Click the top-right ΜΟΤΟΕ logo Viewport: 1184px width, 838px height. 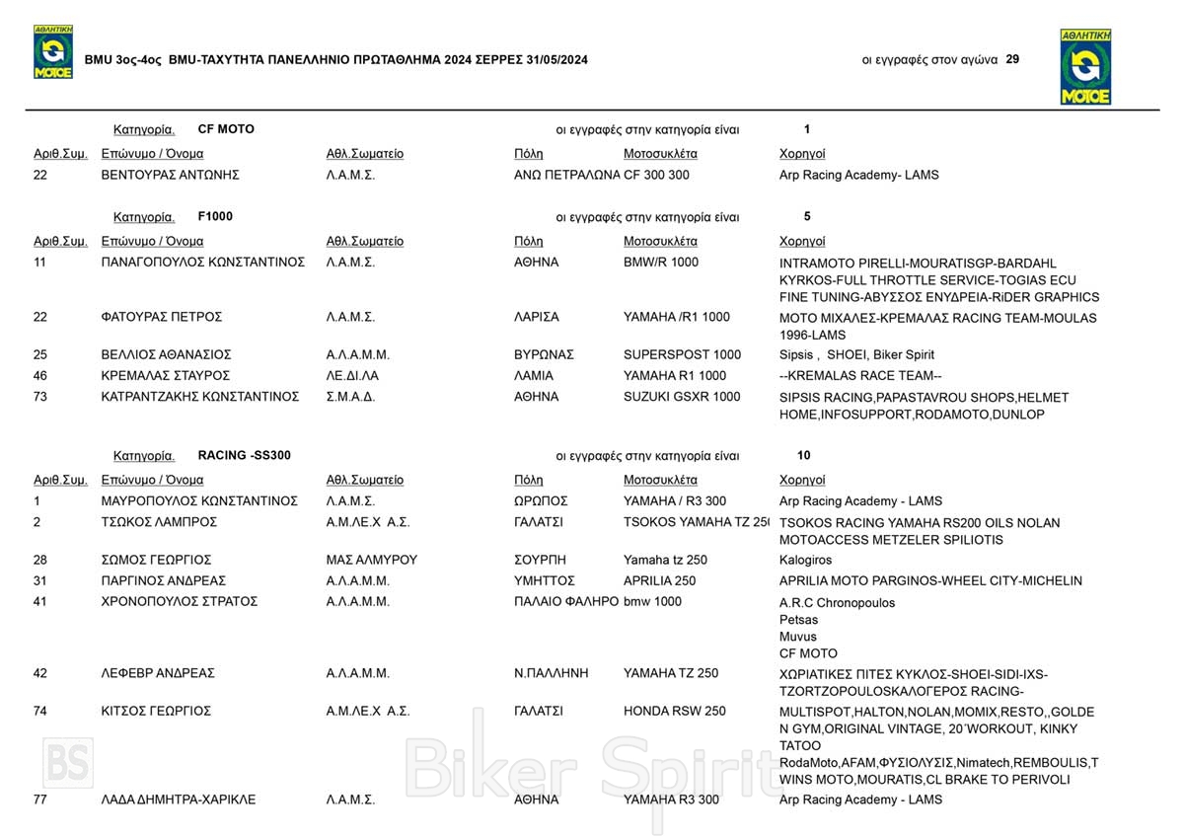(1085, 66)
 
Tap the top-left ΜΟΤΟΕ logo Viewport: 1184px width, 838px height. (53, 52)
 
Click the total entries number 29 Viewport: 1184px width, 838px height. (1012, 59)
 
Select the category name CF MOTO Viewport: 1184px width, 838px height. (226, 129)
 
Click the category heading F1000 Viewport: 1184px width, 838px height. (215, 216)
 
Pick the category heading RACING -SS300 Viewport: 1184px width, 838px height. (244, 455)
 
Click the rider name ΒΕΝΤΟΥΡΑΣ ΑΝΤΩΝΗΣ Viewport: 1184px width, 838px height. (171, 175)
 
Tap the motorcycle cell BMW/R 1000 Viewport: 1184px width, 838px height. (660, 263)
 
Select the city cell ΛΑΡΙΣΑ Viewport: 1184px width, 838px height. (537, 317)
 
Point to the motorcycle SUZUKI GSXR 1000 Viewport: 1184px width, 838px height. (682, 397)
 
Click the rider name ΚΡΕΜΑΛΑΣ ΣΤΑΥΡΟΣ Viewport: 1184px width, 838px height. (166, 375)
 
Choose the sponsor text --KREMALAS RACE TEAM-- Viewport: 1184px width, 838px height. (860, 376)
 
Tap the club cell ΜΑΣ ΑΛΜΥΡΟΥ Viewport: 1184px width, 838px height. (371, 560)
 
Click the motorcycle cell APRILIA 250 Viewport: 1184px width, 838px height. (659, 580)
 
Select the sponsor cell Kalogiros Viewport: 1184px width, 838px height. (805, 560)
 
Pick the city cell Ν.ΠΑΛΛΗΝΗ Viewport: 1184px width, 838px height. (551, 673)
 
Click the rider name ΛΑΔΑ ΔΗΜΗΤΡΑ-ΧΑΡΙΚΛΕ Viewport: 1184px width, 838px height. (179, 800)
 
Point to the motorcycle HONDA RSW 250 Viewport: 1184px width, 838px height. (674, 711)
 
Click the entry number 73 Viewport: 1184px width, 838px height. (40, 397)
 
